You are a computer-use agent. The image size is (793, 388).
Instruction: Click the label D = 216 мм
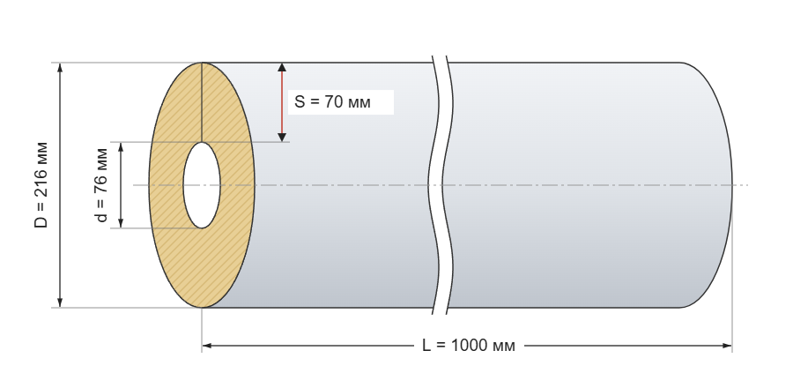pos(41,185)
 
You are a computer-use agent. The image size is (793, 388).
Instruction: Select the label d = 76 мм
pos(101,185)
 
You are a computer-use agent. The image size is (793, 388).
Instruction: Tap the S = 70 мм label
pos(332,101)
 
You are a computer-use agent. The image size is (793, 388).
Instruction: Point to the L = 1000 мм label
pos(469,346)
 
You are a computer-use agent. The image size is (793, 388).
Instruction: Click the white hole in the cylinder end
pos(202,185)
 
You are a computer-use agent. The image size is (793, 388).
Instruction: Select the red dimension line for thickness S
pos(282,102)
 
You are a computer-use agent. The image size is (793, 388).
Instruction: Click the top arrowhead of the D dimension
pos(60,68)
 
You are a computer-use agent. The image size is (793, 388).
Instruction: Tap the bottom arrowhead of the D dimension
pos(60,302)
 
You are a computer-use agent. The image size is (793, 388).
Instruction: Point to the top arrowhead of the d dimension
pos(121,147)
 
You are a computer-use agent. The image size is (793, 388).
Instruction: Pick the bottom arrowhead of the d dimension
pos(121,222)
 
